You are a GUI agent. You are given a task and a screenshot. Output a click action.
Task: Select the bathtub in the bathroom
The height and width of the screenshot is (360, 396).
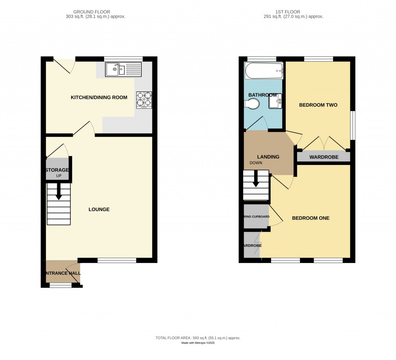point(264,71)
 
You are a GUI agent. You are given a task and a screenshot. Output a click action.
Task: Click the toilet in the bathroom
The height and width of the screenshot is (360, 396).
point(252,104)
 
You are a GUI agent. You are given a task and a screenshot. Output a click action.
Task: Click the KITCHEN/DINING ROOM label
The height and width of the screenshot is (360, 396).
point(99,97)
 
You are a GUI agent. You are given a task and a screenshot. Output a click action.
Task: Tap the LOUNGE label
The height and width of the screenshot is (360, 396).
point(99,209)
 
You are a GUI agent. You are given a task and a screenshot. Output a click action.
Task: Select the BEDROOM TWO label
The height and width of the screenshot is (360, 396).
point(318,105)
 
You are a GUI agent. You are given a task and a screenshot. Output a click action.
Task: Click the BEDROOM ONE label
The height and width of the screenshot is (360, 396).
point(311,218)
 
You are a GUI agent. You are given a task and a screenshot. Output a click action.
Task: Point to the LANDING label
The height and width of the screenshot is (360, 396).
point(268,157)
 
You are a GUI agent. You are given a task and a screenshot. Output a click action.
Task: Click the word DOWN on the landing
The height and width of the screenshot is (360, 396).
point(256,163)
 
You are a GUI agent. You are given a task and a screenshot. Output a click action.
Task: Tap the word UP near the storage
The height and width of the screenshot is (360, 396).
point(59,176)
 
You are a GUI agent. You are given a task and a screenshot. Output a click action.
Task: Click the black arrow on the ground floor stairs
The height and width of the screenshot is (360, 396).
point(58,192)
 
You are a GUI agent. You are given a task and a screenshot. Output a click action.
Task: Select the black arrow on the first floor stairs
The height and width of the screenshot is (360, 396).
point(256,180)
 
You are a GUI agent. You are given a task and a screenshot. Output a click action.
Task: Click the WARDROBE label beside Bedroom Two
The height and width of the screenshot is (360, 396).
point(324,157)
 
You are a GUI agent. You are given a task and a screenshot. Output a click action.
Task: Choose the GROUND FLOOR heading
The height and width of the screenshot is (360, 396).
point(96,12)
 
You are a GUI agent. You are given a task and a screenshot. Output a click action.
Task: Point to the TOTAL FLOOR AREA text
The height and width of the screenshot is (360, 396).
point(198,338)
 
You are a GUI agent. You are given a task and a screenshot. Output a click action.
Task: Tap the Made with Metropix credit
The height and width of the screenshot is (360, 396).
point(198,343)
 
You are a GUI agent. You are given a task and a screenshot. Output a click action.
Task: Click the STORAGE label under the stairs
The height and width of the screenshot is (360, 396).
point(57,170)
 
